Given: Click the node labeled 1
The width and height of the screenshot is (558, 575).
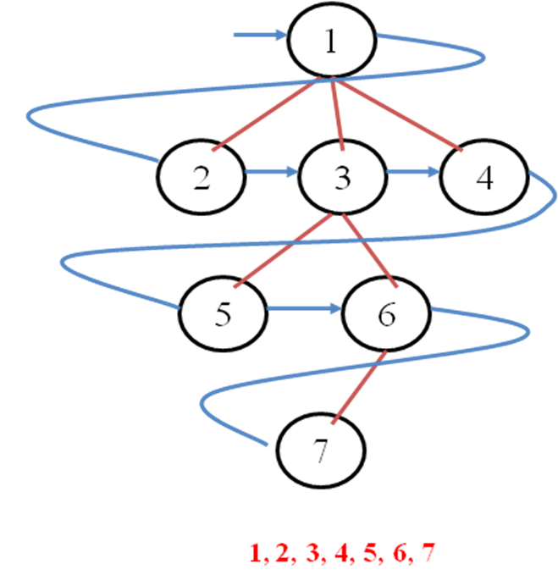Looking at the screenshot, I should click(x=331, y=42).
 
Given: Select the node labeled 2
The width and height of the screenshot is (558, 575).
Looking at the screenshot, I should click(x=201, y=177).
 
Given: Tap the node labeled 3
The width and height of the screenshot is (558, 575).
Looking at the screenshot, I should click(x=341, y=177).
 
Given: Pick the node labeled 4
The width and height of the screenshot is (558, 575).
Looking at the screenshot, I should click(x=483, y=179).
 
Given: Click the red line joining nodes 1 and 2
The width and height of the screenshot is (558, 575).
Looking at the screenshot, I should click(x=262, y=115).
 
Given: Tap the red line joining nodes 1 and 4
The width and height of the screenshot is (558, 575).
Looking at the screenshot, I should click(x=398, y=115).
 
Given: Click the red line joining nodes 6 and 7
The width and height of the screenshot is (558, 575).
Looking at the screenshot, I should click(x=360, y=385).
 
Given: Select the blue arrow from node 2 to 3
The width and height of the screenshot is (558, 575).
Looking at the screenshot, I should click(x=271, y=173).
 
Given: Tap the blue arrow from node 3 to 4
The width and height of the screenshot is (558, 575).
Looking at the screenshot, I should click(x=412, y=173).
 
